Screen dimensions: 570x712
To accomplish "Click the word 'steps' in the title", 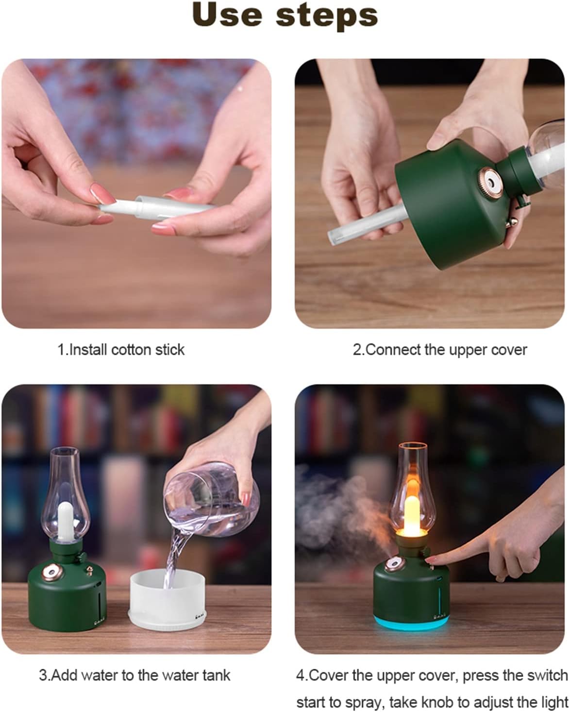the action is pyautogui.click(x=327, y=17).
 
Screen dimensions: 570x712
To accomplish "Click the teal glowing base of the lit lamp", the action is pyautogui.click(x=411, y=621).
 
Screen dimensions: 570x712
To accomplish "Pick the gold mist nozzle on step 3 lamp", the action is pyautogui.click(x=52, y=571).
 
